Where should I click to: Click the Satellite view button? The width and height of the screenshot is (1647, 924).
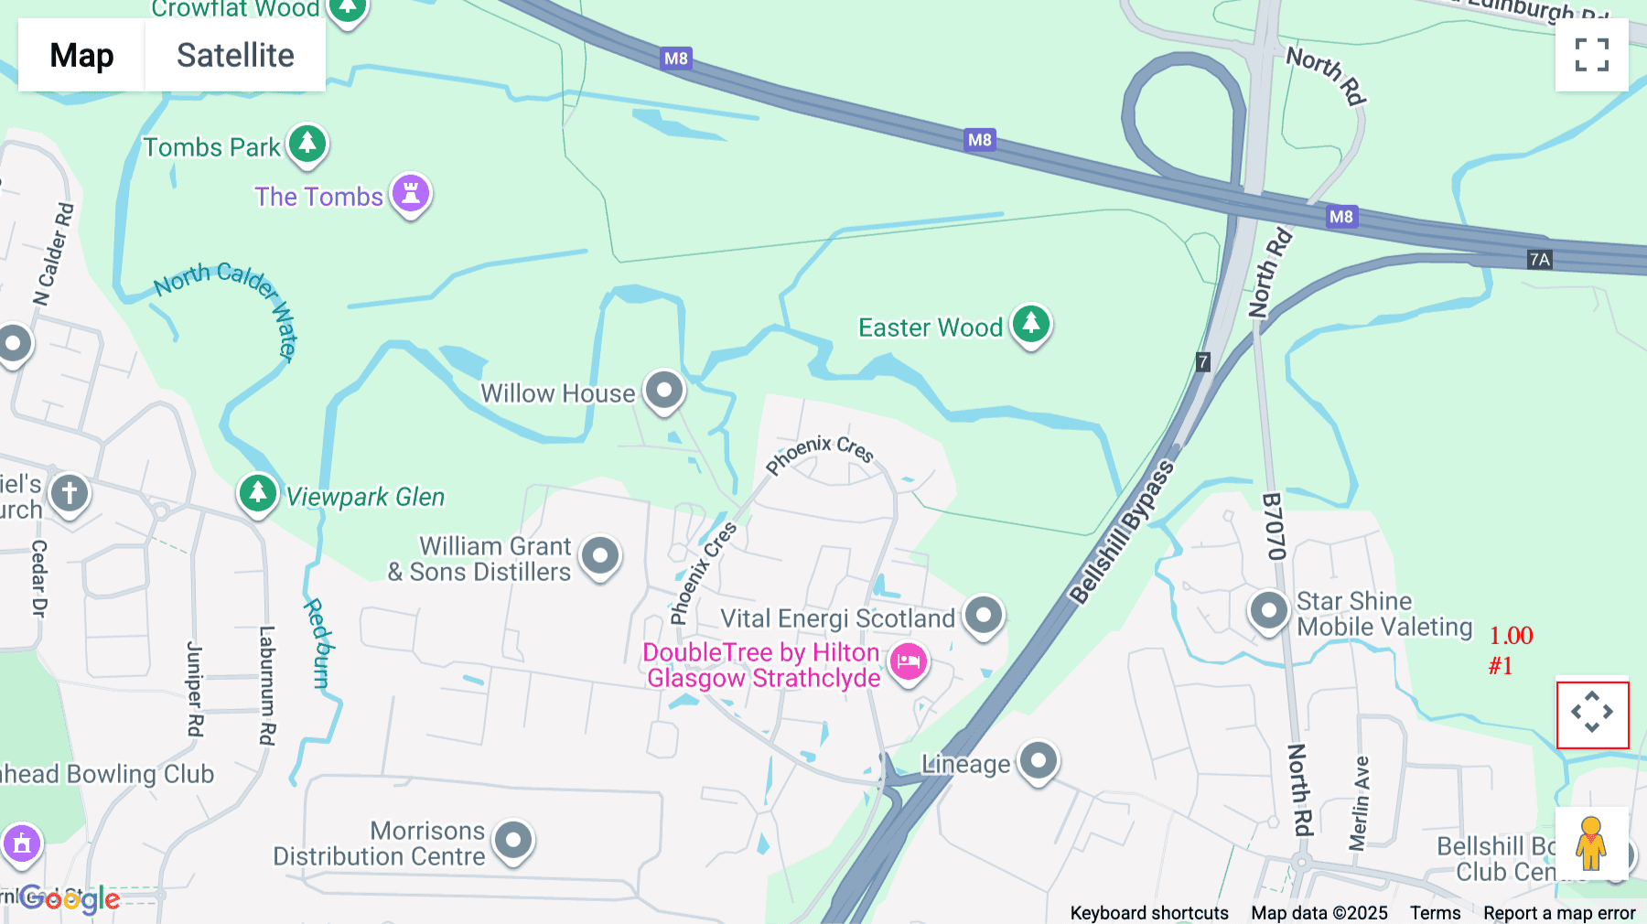(235, 56)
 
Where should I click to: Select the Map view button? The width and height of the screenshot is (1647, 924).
(81, 56)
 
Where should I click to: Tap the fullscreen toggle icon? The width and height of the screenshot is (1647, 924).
(1591, 55)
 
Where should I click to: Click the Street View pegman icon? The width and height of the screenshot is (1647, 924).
(1591, 843)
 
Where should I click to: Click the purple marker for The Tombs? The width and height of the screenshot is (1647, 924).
(411, 194)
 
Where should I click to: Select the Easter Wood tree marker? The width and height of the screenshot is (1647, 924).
(1031, 324)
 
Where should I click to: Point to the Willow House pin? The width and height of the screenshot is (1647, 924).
(664, 391)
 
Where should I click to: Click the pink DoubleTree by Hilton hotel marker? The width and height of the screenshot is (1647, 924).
(909, 661)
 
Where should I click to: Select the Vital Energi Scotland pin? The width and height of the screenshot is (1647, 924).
(984, 616)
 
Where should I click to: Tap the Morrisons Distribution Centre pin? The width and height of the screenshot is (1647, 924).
(513, 840)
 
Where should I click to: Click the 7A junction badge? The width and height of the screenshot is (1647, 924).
(1540, 260)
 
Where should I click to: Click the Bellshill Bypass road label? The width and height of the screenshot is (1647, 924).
(1122, 532)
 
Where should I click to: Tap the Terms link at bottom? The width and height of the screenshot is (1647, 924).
(1435, 913)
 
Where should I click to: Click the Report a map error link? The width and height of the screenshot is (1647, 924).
(1559, 913)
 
